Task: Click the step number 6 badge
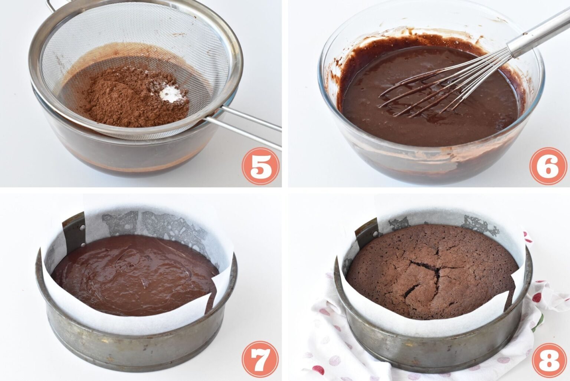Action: tap(548, 166)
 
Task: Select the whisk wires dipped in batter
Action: tap(427, 93)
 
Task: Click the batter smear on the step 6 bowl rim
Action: tap(341, 74)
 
